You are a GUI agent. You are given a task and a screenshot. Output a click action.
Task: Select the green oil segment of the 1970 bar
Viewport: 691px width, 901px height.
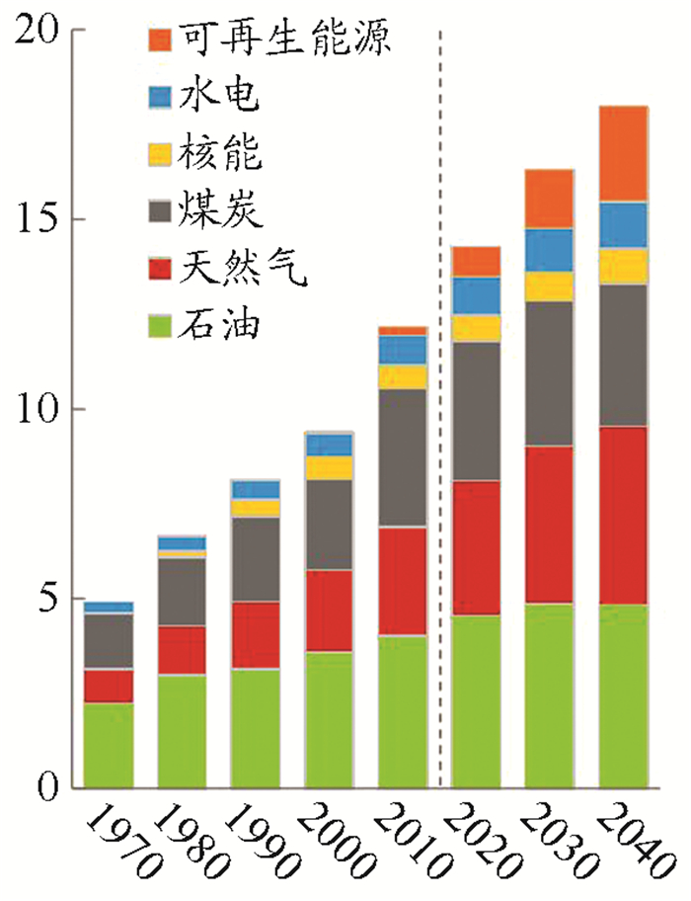[109, 745]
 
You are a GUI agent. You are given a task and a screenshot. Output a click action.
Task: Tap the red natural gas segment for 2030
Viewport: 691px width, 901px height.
[549, 525]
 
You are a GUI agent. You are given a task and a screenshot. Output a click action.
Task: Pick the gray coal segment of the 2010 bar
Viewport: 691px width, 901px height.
[402, 457]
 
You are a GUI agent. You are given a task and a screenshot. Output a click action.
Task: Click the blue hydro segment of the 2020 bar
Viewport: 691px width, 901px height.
[476, 295]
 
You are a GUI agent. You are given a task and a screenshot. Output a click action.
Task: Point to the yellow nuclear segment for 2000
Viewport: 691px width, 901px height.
[329, 467]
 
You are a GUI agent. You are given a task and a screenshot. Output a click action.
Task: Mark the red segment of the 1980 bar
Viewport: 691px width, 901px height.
[182, 649]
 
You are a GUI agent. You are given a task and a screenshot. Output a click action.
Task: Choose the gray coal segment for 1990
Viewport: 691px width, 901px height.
[256, 559]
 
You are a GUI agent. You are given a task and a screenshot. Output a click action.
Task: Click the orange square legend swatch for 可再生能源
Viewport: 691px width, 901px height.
[161, 41]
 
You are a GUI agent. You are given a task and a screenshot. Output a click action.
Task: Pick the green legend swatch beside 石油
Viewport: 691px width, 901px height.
[161, 323]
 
